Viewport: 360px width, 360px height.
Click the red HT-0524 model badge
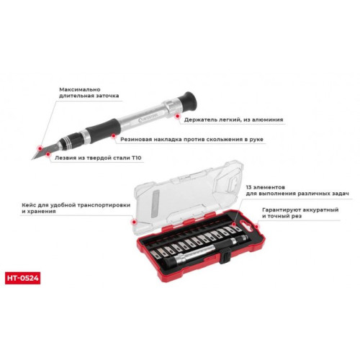click(x=22, y=278)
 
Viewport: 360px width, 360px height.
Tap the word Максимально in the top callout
click(x=80, y=89)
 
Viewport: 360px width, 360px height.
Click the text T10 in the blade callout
click(x=136, y=158)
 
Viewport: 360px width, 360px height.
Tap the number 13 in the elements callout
click(x=248, y=187)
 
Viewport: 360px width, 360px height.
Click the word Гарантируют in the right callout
click(x=279, y=210)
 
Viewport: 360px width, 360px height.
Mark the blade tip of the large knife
click(x=32, y=159)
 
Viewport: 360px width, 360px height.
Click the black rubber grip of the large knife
click(x=103, y=131)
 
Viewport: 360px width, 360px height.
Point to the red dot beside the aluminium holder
click(x=178, y=116)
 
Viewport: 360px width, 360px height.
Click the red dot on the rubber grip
click(x=113, y=136)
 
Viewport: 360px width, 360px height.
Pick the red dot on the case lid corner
click(x=134, y=222)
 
